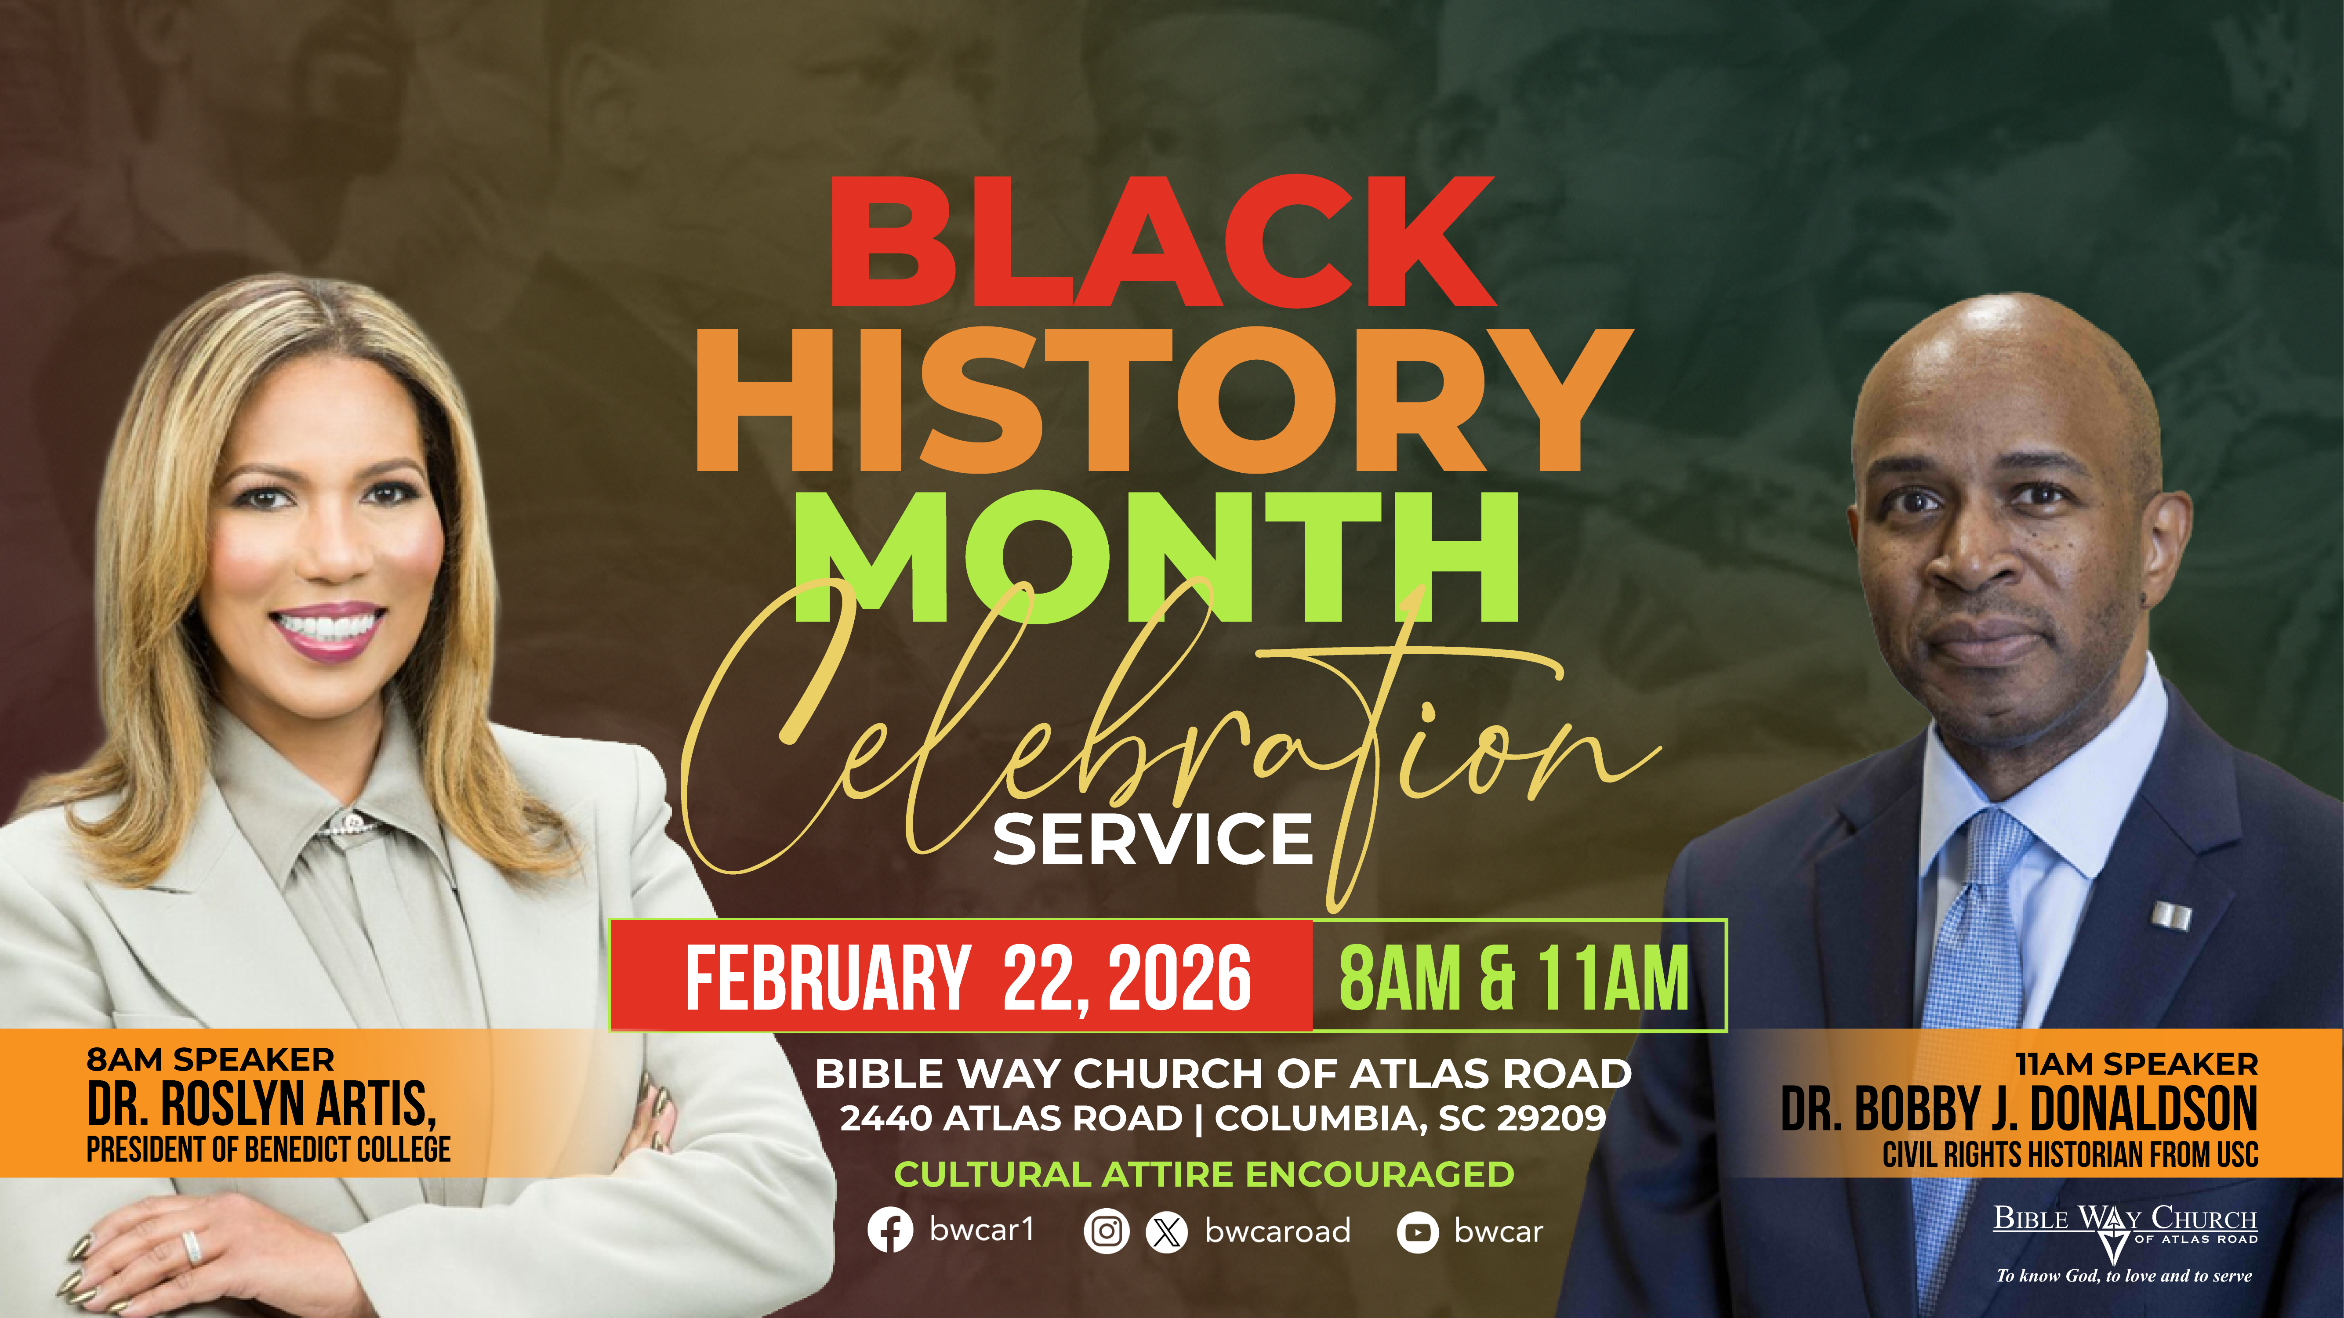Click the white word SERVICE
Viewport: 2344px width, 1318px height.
coord(1153,839)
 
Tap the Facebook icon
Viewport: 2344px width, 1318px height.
coord(890,1231)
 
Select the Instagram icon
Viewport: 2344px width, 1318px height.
coord(1107,1231)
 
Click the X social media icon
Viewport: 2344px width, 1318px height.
coord(1167,1231)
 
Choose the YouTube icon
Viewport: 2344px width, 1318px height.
coord(1418,1232)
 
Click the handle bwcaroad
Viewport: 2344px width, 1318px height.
coord(1277,1231)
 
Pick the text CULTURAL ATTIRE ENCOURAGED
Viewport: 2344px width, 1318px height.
coord(1204,1174)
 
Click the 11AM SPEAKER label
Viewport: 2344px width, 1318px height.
coord(2136,1063)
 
